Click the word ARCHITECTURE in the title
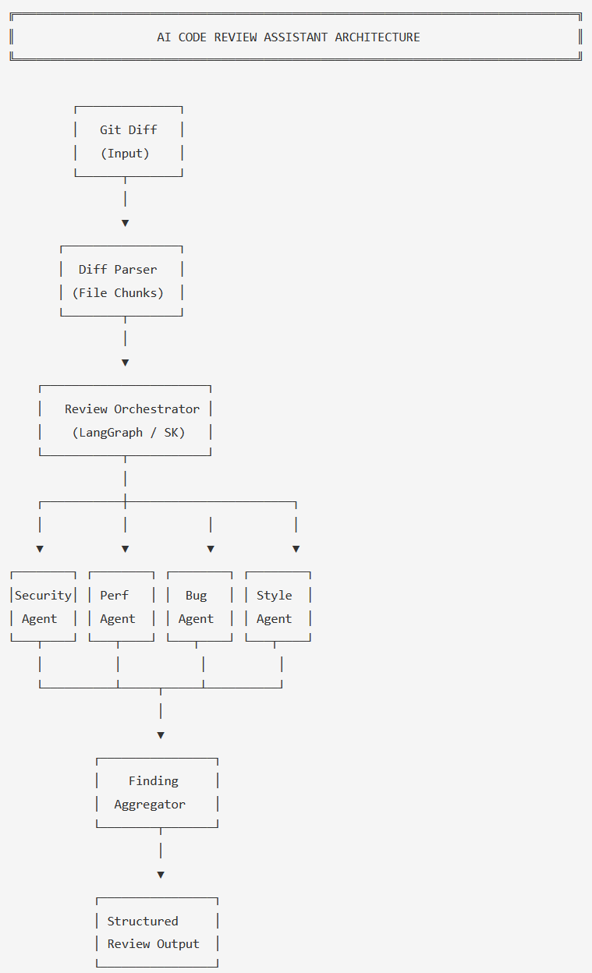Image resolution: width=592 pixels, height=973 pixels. tap(378, 37)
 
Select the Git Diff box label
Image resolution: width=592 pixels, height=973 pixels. tap(128, 130)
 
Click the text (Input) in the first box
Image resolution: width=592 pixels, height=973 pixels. tap(125, 154)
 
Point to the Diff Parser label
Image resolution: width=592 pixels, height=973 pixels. tap(117, 270)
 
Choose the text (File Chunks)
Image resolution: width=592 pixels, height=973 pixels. tap(118, 293)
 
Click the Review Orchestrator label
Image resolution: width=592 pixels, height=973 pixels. tap(132, 409)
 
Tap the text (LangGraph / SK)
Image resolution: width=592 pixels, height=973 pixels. tap(129, 433)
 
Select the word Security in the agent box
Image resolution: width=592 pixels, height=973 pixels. tap(43, 596)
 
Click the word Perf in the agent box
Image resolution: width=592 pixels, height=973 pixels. tap(114, 596)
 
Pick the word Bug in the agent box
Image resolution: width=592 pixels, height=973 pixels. tap(196, 596)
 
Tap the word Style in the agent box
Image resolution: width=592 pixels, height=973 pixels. tap(274, 596)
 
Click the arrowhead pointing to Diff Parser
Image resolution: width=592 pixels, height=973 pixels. tap(125, 223)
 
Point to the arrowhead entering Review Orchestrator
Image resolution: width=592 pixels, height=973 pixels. tap(125, 363)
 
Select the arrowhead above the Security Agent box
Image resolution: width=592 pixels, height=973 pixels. tap(40, 549)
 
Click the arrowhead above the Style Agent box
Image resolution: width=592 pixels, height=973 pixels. tap(296, 549)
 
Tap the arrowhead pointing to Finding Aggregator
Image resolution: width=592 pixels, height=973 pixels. tap(161, 735)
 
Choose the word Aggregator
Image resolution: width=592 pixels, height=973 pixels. tap(150, 805)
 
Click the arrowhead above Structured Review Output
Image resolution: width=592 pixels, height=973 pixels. tap(161, 875)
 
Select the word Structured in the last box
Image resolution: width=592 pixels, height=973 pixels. tap(143, 922)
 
